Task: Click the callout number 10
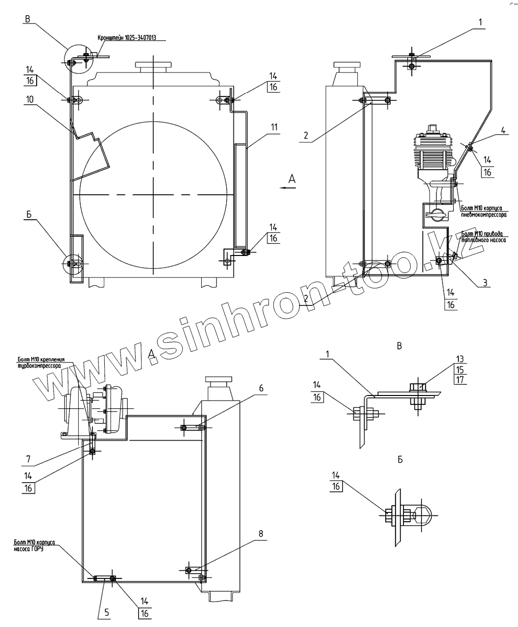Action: point(30,99)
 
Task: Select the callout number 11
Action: point(274,127)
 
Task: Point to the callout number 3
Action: point(485,283)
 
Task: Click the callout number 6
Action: point(261,388)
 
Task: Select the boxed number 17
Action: point(460,379)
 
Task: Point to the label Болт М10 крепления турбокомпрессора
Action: point(38,363)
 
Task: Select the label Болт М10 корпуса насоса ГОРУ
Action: point(34,545)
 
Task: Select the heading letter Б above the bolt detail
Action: point(400,460)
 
